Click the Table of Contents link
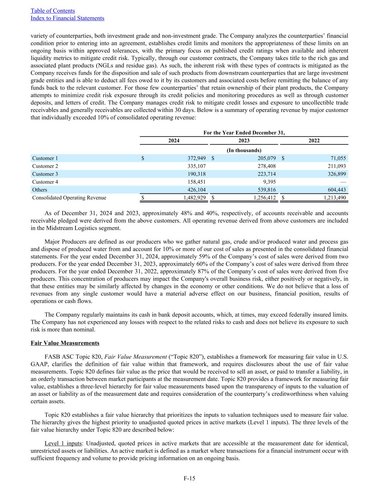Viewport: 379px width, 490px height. [x=53, y=11]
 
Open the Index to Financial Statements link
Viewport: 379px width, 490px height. [x=68, y=18]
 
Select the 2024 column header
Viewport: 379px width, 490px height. [x=174, y=141]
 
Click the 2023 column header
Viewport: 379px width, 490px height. [x=244, y=141]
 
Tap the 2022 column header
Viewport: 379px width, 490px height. [x=314, y=141]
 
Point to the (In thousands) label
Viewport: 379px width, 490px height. [x=244, y=150]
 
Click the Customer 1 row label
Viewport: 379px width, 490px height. [x=45, y=158]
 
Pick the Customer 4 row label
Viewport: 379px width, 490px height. [x=45, y=182]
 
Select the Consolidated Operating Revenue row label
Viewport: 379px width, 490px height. [x=69, y=198]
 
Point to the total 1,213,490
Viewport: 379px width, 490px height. [x=334, y=198]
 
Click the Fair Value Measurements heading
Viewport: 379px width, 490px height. [x=65, y=343]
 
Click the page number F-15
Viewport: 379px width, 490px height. [x=189, y=478]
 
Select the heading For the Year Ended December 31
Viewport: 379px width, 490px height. [x=244, y=133]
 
